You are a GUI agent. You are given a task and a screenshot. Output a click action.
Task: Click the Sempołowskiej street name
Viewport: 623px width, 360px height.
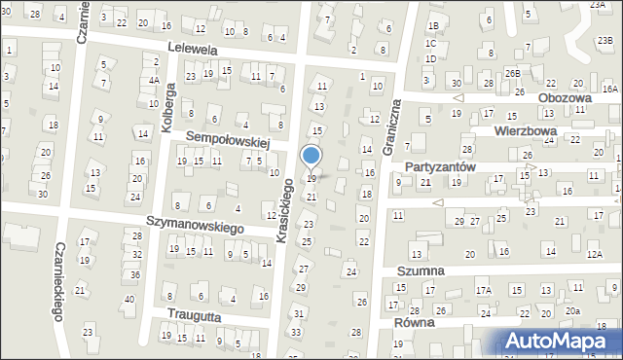pyautogui.click(x=226, y=139)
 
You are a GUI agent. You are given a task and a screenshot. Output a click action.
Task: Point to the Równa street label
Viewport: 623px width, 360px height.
pyautogui.click(x=413, y=323)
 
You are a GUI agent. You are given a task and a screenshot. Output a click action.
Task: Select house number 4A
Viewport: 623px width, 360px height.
pyautogui.click(x=154, y=81)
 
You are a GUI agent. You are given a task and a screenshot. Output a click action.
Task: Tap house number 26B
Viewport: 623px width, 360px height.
pyautogui.click(x=512, y=73)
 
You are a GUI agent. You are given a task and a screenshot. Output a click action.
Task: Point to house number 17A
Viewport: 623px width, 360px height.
pyautogui.click(x=482, y=290)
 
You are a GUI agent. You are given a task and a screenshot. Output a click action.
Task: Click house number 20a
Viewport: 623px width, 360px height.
pyautogui.click(x=573, y=310)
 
